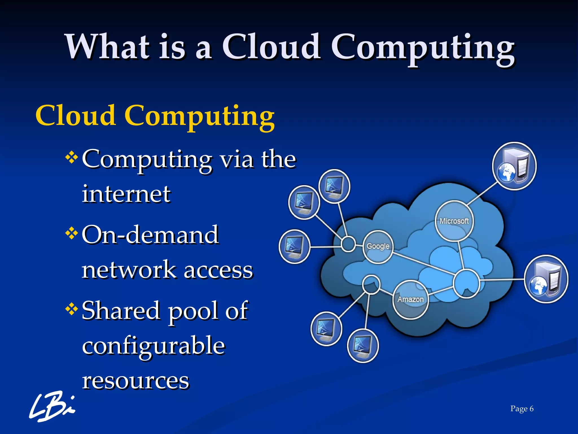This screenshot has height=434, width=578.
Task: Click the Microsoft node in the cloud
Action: coord(454,221)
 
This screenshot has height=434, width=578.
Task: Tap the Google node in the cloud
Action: coord(378,247)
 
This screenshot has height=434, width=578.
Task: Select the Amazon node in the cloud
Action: coord(410,300)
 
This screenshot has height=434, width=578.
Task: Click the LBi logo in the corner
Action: coord(52,406)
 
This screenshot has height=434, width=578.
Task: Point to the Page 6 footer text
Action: coord(522,409)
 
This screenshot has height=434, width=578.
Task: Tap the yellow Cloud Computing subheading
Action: coord(155,116)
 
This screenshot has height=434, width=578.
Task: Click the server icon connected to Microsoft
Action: coord(514,166)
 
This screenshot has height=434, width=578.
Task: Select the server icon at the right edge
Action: coord(546,279)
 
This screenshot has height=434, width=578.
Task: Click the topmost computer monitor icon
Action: coord(334,186)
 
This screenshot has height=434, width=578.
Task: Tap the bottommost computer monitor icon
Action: coord(363,346)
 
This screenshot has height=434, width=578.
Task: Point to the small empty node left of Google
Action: coord(348,244)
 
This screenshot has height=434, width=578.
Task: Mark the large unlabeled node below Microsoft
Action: coord(466,283)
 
